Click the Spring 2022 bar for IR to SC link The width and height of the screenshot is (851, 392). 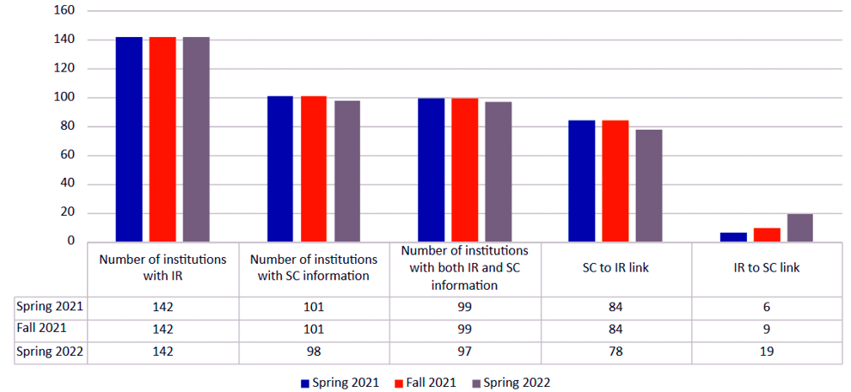(799, 228)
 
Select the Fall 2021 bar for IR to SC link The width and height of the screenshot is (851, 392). (767, 235)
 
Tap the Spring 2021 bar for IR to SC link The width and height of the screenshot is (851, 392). (733, 237)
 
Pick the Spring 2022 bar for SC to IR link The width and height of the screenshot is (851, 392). (649, 186)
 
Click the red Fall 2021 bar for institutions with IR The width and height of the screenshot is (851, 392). (162, 139)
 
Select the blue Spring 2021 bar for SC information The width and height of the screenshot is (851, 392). (280, 168)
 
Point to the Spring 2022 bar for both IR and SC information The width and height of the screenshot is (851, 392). (498, 172)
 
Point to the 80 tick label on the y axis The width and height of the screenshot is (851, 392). (68, 126)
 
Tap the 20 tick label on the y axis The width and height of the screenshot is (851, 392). (68, 213)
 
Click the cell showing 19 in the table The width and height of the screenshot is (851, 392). (767, 351)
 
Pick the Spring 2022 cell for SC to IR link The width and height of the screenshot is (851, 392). (615, 351)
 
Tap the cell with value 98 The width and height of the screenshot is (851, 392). (314, 351)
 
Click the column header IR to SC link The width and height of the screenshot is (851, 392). (767, 268)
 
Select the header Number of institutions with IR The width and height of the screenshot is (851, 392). (162, 268)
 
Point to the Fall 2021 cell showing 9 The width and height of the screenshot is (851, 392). (767, 328)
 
